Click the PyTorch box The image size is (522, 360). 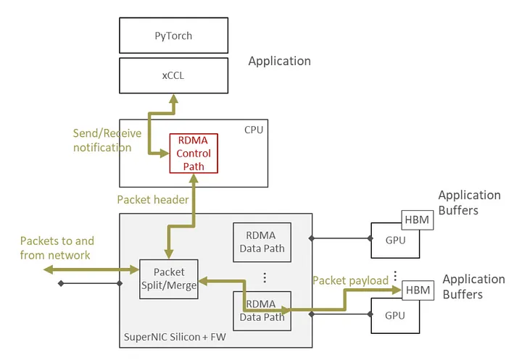pos(173,35)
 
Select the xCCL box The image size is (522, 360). pos(173,75)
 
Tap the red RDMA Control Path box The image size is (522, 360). pos(194,154)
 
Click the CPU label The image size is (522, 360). pos(254,130)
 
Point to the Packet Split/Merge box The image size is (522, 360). pos(169,279)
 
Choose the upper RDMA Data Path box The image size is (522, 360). pos(262,242)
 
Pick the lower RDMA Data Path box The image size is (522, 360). pos(262,311)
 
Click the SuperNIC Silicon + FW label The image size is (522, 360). pos(175,337)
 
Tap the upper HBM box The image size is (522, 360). pos(418,220)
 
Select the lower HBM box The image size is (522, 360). pos(418,290)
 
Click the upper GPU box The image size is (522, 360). pos(395,240)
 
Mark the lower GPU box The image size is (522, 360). pos(395,315)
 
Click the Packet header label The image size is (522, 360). pos(153,200)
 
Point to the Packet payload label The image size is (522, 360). pos(350,280)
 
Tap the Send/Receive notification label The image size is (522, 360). pos(107,141)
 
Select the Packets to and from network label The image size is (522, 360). pos(57,248)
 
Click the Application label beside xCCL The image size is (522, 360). pos(280,62)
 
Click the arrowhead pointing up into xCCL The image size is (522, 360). pos(173,99)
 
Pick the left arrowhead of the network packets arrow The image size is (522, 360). pos(49,269)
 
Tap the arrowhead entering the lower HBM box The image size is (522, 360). pos(397,290)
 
